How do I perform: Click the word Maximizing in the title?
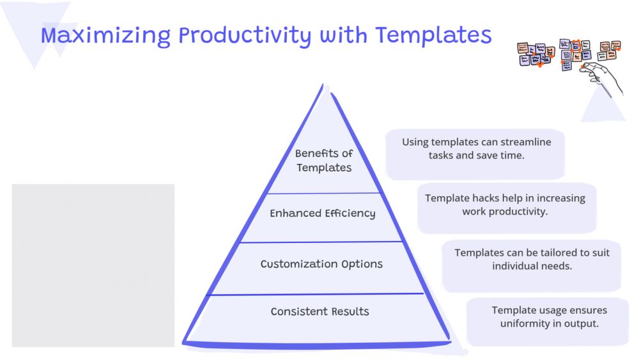105,36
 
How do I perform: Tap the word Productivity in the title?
245,36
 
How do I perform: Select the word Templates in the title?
433,36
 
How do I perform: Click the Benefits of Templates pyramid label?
324,160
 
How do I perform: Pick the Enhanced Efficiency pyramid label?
322,213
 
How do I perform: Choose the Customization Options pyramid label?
321,264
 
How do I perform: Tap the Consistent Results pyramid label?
320,311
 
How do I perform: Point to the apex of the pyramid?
323,85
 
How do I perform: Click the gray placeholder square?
93,265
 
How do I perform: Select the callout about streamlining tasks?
475,154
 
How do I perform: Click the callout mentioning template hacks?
507,208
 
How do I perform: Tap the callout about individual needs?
532,266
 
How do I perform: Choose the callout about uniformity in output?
548,322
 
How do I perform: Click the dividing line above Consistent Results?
315,294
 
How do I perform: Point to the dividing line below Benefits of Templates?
323,193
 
